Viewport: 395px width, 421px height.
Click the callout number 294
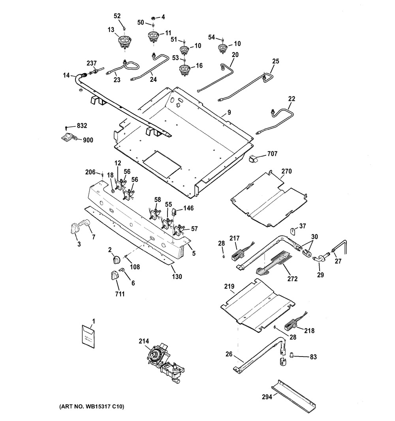[x=267, y=397]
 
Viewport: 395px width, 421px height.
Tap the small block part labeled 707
[x=253, y=159]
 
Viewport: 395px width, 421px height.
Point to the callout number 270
[x=287, y=172]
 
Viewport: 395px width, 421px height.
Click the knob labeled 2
[x=116, y=259]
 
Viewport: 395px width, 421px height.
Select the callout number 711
[x=120, y=293]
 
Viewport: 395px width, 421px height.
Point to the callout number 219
[x=240, y=286]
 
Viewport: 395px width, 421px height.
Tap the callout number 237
[x=92, y=63]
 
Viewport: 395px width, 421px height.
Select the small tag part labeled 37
[x=293, y=230]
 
